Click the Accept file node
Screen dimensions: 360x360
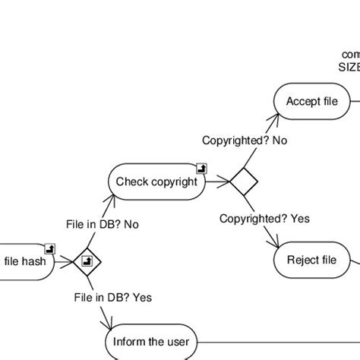click(311, 102)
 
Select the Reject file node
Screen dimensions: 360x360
click(311, 261)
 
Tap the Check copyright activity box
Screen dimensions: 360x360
click(156, 182)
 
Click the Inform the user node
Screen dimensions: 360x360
click(150, 342)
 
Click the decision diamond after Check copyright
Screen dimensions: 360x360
click(245, 182)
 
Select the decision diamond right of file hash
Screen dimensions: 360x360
click(87, 261)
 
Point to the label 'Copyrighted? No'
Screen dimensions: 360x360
click(244, 141)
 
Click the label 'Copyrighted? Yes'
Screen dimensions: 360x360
click(264, 219)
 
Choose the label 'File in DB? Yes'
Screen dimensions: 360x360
click(112, 297)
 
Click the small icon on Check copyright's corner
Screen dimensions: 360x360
click(201, 168)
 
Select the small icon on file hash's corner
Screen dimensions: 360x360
click(50, 248)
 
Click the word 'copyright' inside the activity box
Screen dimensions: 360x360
click(173, 182)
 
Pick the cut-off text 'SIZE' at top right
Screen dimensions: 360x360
click(349, 66)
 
